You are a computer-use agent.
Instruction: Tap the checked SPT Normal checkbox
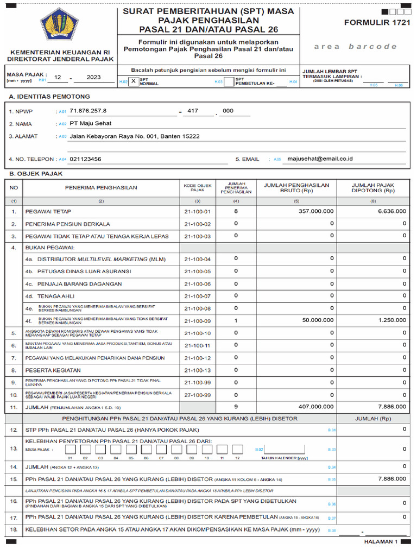tap(133, 81)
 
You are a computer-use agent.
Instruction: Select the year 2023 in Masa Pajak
tap(93, 78)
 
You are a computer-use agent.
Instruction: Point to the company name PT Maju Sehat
tap(91, 123)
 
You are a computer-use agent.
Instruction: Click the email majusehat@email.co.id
tap(320, 159)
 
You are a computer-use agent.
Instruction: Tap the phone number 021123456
tap(86, 159)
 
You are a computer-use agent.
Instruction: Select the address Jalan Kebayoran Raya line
tap(135, 136)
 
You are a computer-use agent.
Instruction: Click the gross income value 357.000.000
tap(316, 211)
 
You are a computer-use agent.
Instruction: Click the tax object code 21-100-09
tap(197, 321)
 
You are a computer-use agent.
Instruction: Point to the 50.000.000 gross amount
tap(318, 320)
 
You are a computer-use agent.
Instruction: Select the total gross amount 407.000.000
tap(316, 406)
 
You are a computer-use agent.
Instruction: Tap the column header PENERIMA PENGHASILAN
tap(101, 188)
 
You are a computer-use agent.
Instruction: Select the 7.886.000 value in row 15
tap(392, 479)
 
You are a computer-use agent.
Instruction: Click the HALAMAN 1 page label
tap(381, 541)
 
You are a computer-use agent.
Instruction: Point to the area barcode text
tap(356, 47)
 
